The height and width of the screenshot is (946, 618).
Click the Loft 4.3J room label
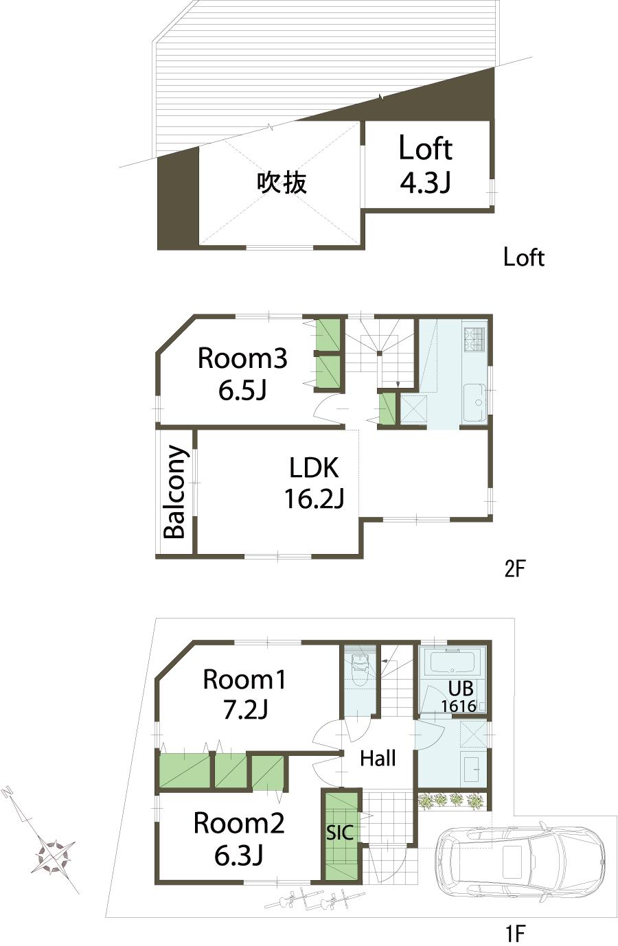coord(426,165)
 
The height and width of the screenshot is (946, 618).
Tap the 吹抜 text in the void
coord(282,183)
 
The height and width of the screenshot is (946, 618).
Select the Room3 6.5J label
coord(242,373)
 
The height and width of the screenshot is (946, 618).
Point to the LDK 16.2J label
coord(314,483)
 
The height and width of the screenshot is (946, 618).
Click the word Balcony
coord(175,492)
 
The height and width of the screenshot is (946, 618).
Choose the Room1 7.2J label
coord(244,693)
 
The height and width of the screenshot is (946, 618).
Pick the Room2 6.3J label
coord(238,838)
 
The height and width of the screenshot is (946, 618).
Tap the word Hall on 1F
coord(378,759)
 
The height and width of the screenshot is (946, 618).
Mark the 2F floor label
coord(514,568)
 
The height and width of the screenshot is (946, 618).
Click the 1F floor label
coord(515,933)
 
